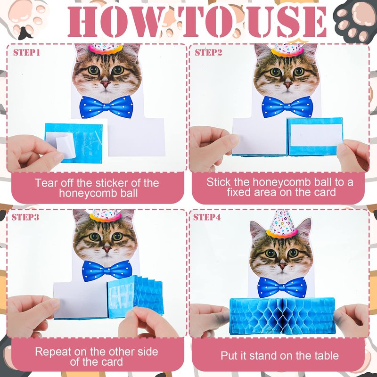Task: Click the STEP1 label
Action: [26, 52]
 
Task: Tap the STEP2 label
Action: [208, 52]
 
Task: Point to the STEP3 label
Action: [25, 217]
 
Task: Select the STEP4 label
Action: [207, 217]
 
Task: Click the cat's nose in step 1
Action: [105, 84]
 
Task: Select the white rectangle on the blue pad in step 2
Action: [316, 135]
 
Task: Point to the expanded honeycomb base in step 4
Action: [282, 316]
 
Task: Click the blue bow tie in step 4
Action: [282, 287]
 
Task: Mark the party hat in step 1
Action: [106, 49]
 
